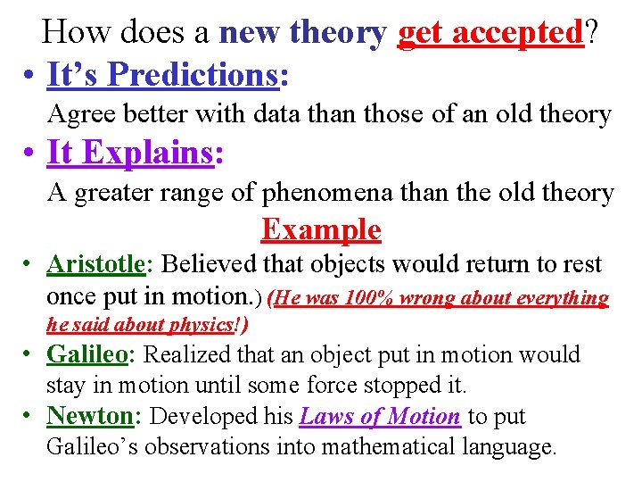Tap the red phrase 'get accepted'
[x=489, y=33]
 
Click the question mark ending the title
[x=590, y=33]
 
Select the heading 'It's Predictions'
[x=162, y=76]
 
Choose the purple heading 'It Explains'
[x=130, y=153]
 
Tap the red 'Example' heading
[x=321, y=230]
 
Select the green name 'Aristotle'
[x=95, y=265]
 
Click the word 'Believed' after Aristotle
[x=204, y=265]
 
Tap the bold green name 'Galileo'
[x=86, y=354]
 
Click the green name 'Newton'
[x=89, y=416]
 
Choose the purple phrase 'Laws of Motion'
[x=380, y=417]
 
